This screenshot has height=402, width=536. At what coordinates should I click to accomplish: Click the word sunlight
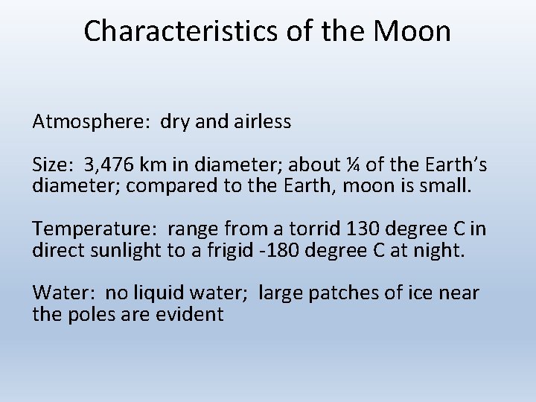(129, 249)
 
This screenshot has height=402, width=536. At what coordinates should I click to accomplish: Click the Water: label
(58, 293)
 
